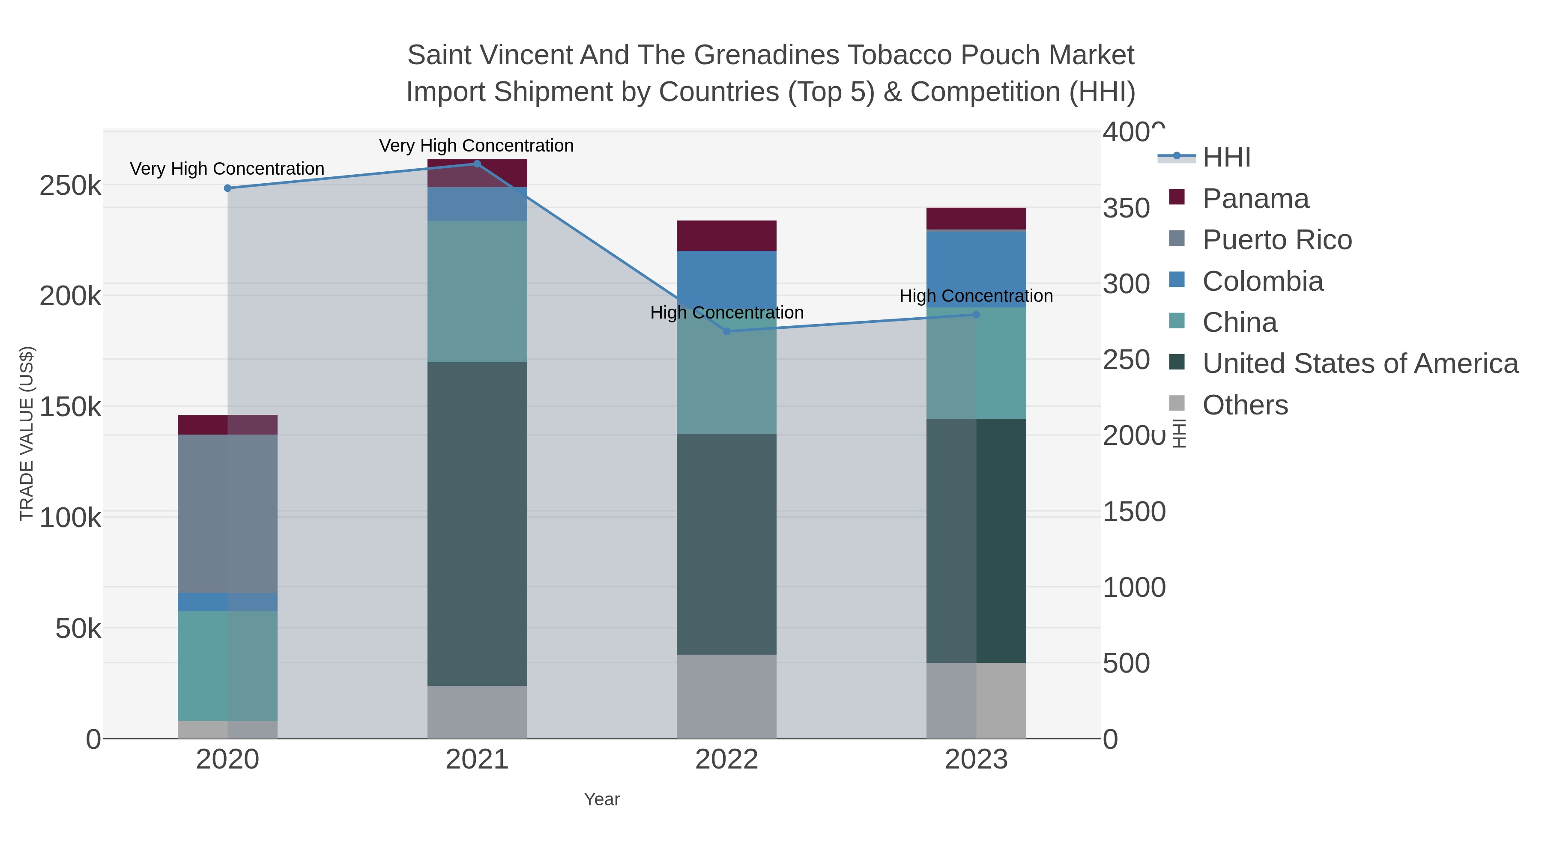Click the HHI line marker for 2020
click(227, 188)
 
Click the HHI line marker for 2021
click(477, 164)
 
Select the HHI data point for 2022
click(727, 331)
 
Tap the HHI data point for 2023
click(976, 314)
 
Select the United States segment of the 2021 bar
click(477, 524)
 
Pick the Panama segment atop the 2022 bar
click(727, 236)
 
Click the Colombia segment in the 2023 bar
click(976, 269)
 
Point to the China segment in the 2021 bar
click(477, 292)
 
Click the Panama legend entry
click(1255, 199)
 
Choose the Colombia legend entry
click(1262, 281)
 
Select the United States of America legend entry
click(1360, 364)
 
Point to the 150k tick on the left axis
click(70, 408)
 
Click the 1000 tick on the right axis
click(1134, 587)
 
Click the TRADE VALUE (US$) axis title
click(27, 433)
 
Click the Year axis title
click(602, 799)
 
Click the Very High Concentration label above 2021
click(476, 146)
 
